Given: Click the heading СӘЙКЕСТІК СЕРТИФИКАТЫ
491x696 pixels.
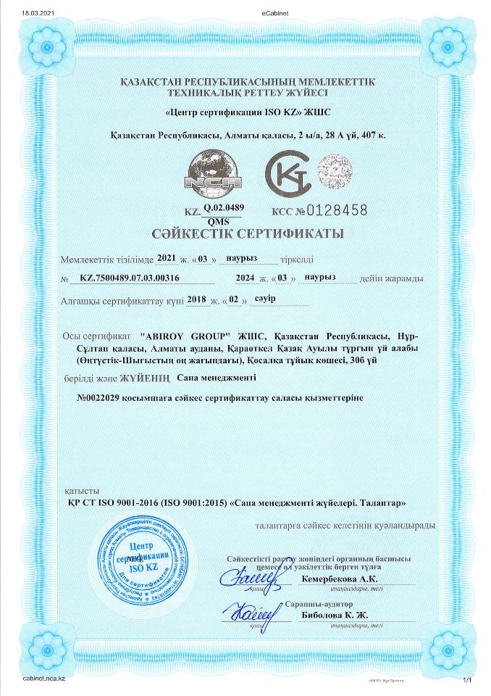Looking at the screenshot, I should [246, 234].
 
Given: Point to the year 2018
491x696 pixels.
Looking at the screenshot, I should [196, 299].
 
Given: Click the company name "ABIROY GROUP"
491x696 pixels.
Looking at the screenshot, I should [189, 336].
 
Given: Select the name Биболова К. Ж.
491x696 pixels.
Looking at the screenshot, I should [334, 616].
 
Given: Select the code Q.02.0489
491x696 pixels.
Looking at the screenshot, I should [224, 207].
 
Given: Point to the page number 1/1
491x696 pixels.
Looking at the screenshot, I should [466, 679].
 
